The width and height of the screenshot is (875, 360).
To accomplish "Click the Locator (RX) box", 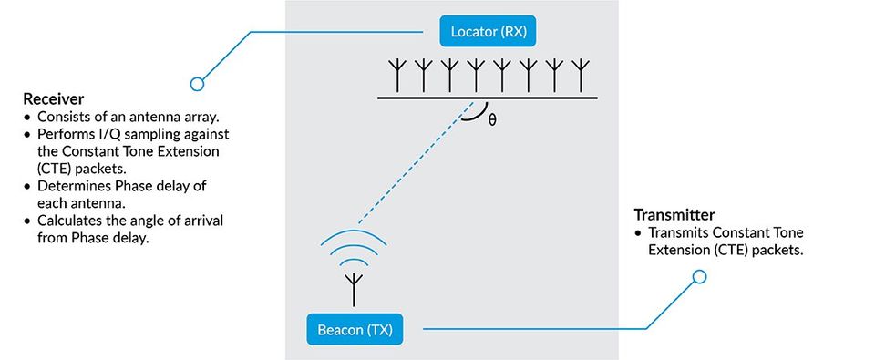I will [488, 33].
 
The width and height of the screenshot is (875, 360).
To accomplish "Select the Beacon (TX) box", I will [354, 328].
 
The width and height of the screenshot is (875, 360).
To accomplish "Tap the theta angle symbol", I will [492, 119].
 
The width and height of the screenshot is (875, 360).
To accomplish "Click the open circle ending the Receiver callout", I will [196, 84].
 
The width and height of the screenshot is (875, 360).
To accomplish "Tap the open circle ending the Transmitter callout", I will [700, 276].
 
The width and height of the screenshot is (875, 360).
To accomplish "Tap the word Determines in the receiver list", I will [73, 186].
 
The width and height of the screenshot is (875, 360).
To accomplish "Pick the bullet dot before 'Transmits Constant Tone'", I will [640, 233].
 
